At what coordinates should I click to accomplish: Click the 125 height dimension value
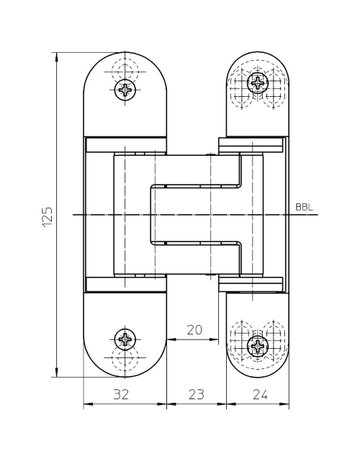(47, 217)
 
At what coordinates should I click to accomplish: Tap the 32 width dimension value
(121, 394)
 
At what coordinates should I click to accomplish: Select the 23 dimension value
(196, 394)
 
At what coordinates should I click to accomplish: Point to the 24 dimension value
(260, 394)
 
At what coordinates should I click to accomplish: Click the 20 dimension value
(195, 330)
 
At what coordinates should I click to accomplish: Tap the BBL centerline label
(304, 207)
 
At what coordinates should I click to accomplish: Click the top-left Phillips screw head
(125, 89)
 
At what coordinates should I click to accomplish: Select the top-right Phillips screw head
(258, 82)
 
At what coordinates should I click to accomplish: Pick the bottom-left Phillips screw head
(125, 339)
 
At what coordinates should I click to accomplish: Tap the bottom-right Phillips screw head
(258, 346)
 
